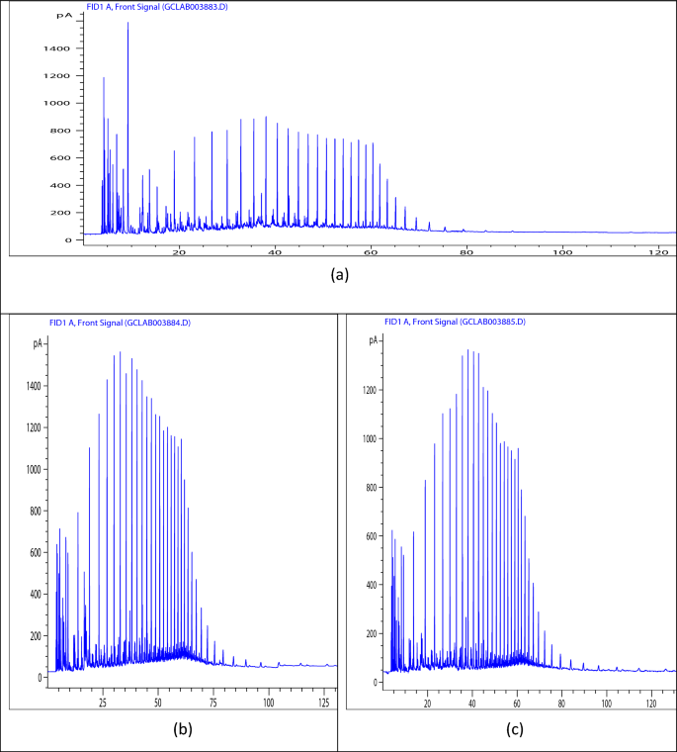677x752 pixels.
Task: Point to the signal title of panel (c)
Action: tap(455, 323)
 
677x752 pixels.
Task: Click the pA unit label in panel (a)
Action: tap(63, 17)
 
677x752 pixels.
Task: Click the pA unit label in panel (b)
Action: tap(37, 342)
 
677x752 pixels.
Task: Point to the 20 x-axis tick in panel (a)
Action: tap(179, 252)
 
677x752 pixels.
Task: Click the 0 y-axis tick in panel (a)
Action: tap(66, 239)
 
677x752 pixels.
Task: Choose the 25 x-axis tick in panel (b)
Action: tap(102, 703)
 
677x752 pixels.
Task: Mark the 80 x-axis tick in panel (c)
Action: tap(561, 703)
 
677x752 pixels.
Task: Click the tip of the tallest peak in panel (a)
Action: tap(127, 23)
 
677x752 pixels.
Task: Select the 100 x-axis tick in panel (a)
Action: tap(562, 252)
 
